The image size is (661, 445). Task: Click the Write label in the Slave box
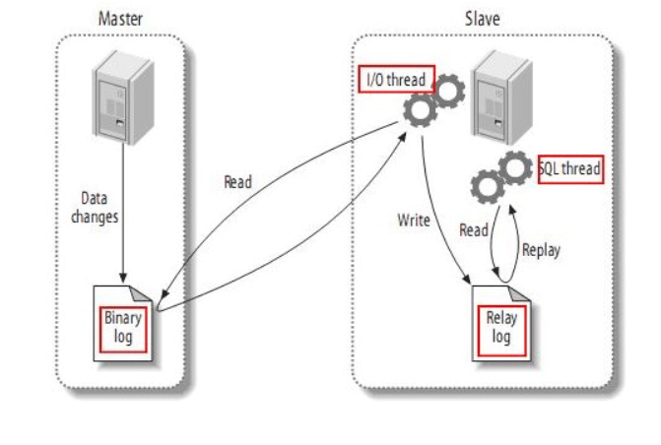coord(414,220)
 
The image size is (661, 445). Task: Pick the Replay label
coord(541,249)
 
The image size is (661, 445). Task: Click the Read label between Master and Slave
coord(237,182)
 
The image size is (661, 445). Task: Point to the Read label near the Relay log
coord(474,229)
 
